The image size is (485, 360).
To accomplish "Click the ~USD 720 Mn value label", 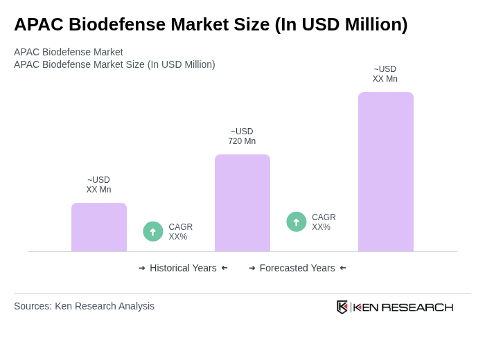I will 242,136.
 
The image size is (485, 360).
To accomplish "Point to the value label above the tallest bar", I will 385,74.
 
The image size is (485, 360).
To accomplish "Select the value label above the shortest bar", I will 98,185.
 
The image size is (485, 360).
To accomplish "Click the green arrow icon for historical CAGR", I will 153,231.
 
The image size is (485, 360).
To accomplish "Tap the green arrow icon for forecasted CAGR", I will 297,222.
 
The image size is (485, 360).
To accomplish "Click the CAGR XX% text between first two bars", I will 180,232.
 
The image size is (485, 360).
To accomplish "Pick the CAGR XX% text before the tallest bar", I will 324,222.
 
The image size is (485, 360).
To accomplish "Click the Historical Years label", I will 183,268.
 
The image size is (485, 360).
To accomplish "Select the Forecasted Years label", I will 297,268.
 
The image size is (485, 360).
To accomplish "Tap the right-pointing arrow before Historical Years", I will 142,268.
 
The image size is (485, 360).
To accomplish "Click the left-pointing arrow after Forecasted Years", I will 343,268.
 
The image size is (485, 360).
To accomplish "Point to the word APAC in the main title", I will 36,24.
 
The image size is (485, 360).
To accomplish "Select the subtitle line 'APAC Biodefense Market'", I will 69,52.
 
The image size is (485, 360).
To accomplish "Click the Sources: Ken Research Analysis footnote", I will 84,306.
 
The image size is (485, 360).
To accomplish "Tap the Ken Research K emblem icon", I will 342,307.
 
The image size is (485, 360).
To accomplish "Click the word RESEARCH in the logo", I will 417,307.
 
